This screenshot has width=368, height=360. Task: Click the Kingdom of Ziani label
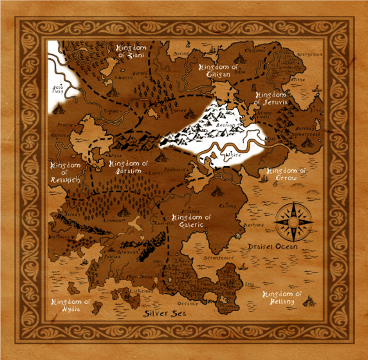point(132,52)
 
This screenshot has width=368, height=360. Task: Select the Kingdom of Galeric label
point(186,221)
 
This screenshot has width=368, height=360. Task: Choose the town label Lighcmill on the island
point(142,292)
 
